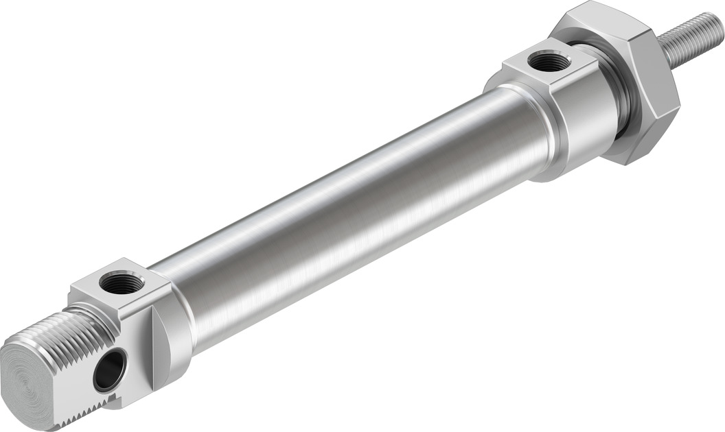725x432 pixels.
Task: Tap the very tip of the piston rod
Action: coord(719,20)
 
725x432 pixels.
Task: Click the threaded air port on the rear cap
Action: coord(122,282)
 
